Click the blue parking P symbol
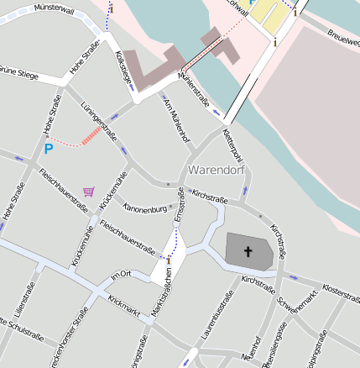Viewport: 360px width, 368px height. coord(48,149)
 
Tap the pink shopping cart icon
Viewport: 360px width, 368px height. coord(89,191)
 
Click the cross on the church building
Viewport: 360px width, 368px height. coord(248,251)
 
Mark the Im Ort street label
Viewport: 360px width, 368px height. coord(122,275)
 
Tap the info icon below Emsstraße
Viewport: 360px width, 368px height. coord(169,260)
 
